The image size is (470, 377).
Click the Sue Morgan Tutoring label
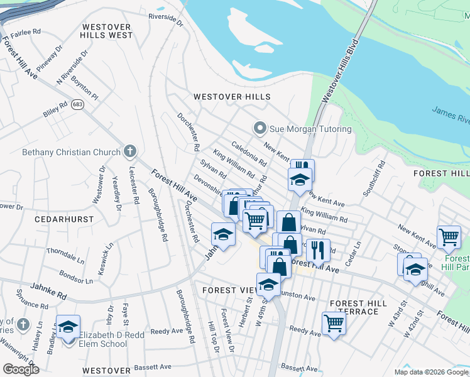tap(310, 129)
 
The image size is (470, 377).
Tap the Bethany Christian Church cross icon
tap(130, 151)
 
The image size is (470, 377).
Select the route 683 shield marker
tap(77, 104)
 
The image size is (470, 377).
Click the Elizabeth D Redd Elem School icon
tap(68, 327)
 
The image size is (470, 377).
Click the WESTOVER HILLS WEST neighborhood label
tap(107, 31)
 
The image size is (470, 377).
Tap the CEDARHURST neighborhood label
tap(64, 220)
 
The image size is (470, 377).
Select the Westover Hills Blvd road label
tap(339, 70)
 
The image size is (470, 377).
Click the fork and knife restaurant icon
tap(318, 249)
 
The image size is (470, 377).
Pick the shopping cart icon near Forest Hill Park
tap(449, 237)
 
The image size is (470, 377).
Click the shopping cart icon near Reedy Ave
tap(334, 323)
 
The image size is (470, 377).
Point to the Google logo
tap(21, 369)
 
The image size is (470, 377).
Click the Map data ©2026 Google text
tap(430, 372)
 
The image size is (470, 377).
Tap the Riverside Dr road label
tap(165, 20)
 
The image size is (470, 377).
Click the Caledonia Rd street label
tap(249, 154)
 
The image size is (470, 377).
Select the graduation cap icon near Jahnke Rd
tap(222, 234)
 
